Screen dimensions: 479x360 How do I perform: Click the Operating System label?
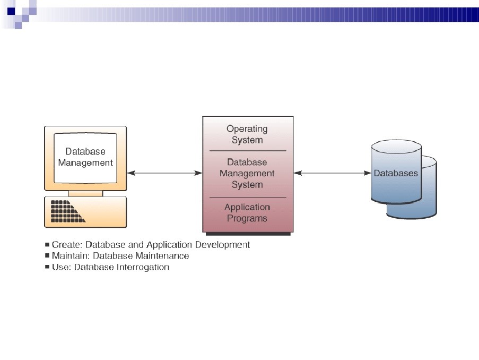click(247, 134)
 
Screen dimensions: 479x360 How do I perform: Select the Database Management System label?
click(247, 174)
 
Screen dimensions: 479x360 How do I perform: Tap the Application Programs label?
click(247, 212)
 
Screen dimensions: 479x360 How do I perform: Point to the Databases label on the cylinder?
click(396, 173)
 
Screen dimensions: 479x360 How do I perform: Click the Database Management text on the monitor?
click(85, 157)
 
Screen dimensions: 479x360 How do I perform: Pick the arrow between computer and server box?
click(164, 173)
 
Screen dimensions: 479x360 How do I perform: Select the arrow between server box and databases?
click(333, 173)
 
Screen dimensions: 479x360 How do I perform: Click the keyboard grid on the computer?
click(68, 211)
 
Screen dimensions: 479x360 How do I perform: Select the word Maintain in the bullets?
click(71, 256)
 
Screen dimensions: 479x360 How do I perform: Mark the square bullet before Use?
click(47, 267)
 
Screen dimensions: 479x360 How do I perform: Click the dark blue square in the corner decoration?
click(11, 11)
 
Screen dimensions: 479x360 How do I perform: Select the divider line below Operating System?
click(248, 151)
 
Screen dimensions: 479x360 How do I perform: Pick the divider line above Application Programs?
click(248, 198)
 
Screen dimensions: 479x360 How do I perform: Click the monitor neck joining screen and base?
click(85, 194)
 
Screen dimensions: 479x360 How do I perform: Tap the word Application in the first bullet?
click(169, 245)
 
